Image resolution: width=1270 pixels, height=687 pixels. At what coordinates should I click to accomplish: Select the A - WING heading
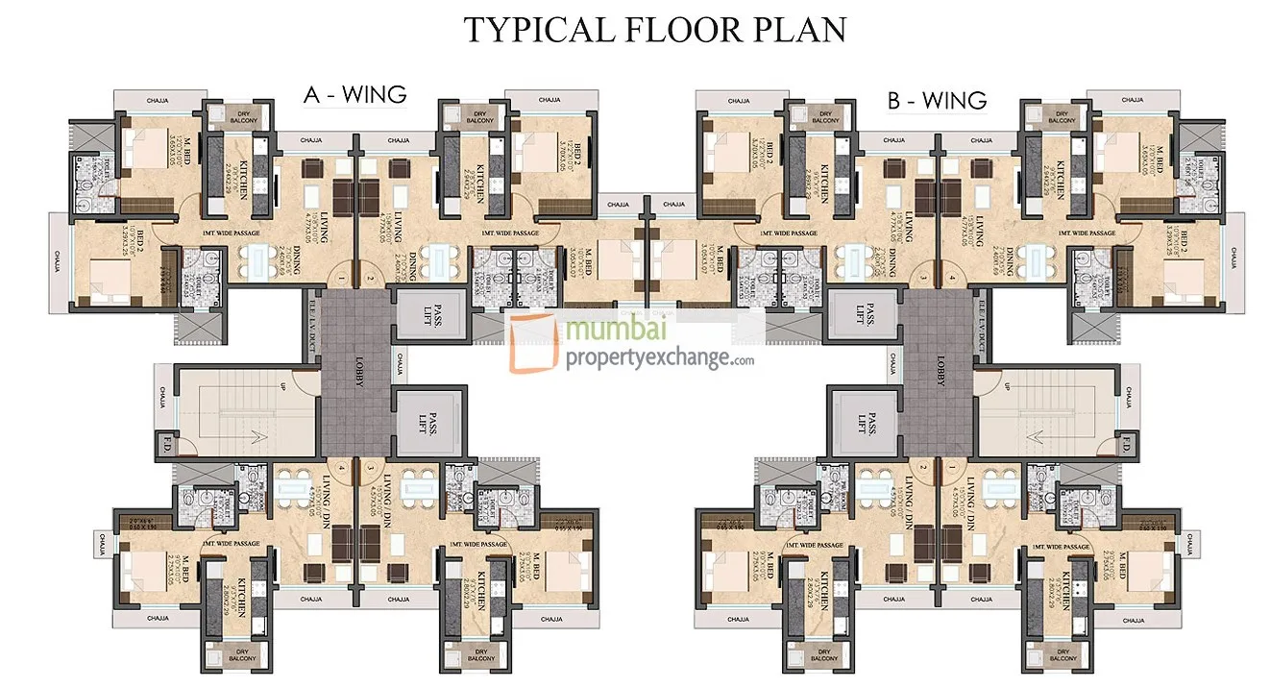tap(354, 94)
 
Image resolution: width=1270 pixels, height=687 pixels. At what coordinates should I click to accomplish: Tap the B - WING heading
tap(937, 99)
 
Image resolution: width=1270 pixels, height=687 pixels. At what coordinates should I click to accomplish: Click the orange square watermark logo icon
tap(534, 344)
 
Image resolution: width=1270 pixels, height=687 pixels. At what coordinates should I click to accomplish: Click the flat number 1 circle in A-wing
tap(341, 279)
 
